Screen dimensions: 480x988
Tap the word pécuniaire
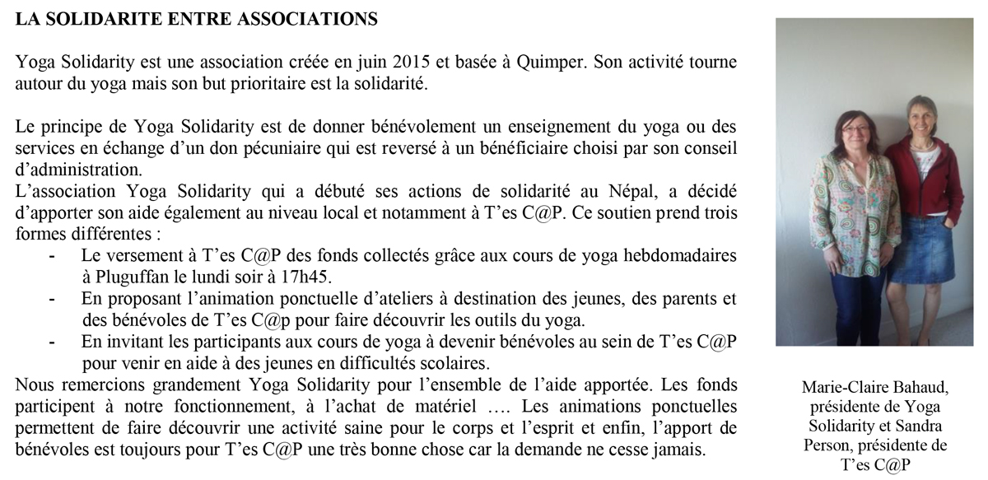240,150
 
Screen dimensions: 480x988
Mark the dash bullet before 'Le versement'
53,257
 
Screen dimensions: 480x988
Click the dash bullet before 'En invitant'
53,342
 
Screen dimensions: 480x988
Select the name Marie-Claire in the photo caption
833,388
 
